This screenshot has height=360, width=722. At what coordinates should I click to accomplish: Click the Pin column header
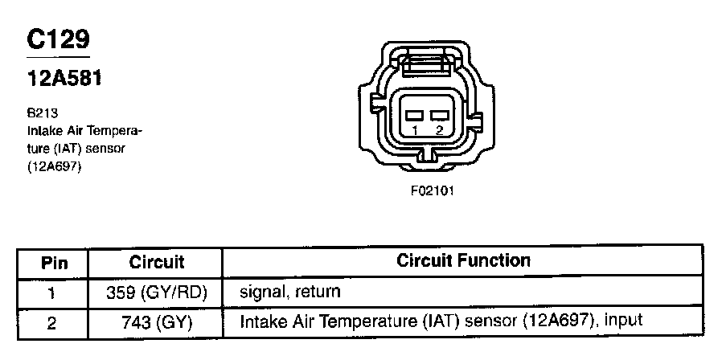pos(54,263)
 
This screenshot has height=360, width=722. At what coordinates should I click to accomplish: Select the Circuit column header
pos(157,263)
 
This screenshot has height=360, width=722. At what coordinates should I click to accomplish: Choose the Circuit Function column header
pos(464,261)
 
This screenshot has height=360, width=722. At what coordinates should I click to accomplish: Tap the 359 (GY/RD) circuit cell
pos(157,292)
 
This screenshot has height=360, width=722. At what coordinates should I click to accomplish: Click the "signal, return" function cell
pos(290,292)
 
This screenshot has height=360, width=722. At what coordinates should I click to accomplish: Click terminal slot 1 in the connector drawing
pos(415,115)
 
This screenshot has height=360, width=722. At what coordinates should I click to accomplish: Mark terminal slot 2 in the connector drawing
pos(439,115)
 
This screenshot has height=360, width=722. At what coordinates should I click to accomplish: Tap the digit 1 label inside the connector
pos(415,129)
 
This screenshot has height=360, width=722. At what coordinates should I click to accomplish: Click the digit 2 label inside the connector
pos(439,129)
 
